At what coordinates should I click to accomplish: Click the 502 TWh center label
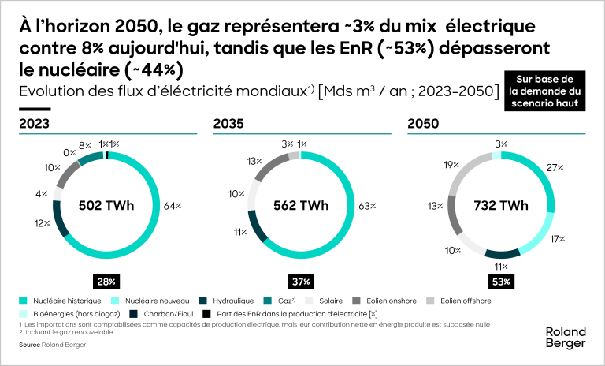point(106,207)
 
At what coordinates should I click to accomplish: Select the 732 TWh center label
point(500,207)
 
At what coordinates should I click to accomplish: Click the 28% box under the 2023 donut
point(106,281)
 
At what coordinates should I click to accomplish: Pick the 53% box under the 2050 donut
point(500,281)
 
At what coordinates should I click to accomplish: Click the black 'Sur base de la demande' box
point(544,92)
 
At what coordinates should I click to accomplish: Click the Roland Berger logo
point(566,338)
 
